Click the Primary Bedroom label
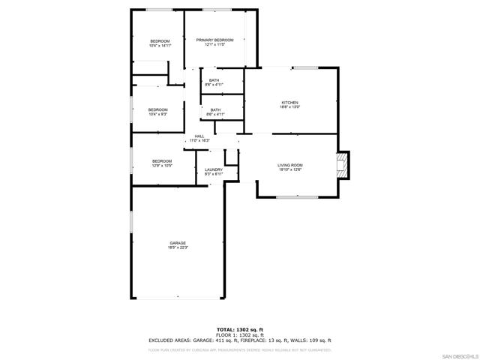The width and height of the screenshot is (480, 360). coord(215,40)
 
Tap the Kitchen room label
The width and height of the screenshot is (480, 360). coord(290,102)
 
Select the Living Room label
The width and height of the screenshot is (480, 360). coord(290,165)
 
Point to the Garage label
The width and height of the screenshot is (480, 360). coord(178,243)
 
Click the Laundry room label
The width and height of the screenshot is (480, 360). coord(214,169)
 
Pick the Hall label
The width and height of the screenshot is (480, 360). coord(199,136)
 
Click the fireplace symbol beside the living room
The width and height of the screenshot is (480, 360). coord(343,165)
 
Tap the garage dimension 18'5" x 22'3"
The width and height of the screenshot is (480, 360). coord(178,247)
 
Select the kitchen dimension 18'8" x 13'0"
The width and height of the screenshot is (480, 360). coord(290,106)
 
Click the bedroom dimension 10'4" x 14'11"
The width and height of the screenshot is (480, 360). coord(160,45)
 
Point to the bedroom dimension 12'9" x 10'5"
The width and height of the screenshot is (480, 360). coord(162,166)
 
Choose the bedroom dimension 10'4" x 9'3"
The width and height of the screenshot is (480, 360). coord(157,114)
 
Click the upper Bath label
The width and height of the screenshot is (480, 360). coord(214,80)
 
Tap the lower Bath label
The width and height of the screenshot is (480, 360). coord(215,110)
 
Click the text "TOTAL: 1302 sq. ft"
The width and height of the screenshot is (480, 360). coord(240,329)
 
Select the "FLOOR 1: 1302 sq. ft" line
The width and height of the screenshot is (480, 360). coord(240,334)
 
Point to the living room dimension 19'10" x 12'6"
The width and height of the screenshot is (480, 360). coord(290,169)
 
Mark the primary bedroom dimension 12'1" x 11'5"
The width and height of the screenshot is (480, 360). coord(215,45)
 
